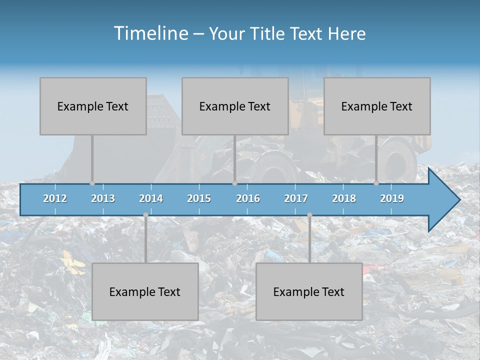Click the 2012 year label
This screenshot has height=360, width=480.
point(55,198)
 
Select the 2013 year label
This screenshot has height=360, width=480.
point(103,198)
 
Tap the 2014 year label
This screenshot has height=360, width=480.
point(151,198)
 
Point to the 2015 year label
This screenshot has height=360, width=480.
point(199,198)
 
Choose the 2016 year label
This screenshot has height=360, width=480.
point(248,198)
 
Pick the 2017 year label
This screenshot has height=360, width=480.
point(296,198)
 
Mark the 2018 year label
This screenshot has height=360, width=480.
point(344,198)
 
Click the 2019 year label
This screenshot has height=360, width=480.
point(392,198)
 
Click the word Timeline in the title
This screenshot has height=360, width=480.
point(150,33)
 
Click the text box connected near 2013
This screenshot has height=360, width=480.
point(93,106)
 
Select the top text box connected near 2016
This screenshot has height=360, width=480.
point(235,106)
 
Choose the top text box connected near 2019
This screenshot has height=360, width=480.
point(377,106)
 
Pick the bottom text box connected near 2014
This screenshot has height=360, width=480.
point(145,291)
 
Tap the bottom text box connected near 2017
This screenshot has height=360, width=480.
point(309,291)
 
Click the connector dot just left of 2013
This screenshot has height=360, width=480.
point(92,183)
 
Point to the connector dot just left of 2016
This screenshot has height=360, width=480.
point(234,183)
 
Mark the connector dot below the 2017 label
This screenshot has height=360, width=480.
point(309,215)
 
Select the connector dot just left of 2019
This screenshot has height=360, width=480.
point(376,183)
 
